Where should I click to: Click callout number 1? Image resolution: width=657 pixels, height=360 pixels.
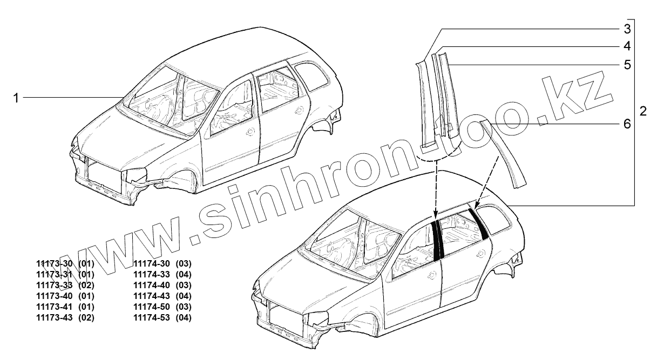point(16,98)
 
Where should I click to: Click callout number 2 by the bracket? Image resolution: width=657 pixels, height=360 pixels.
point(643,112)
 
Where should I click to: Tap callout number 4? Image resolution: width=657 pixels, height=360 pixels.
point(627,46)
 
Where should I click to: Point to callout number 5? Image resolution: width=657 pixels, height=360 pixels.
point(627,65)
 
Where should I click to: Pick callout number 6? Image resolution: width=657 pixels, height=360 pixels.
point(627,124)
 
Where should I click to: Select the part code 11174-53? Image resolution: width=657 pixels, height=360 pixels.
point(152,317)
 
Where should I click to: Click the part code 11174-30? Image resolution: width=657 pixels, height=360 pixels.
point(152,263)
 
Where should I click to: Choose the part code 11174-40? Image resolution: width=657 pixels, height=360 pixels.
point(152,285)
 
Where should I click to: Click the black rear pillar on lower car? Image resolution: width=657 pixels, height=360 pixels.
point(479,223)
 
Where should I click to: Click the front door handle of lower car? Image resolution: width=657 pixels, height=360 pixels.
point(431,276)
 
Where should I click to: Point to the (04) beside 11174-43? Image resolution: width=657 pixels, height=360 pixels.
point(184,296)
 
